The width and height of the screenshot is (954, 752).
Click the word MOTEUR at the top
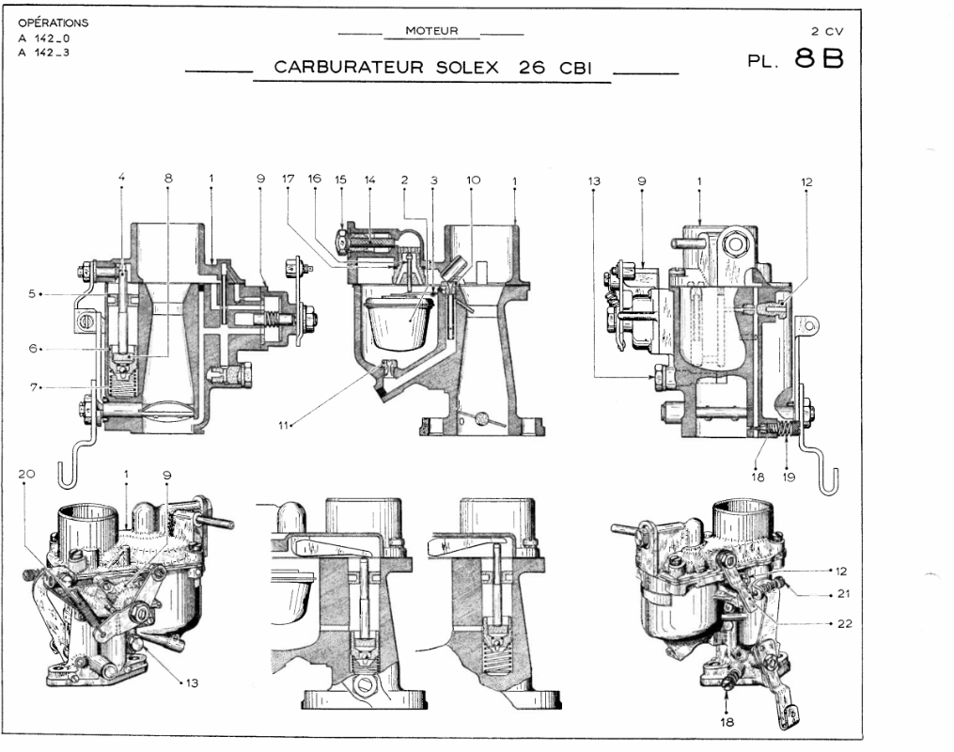[431, 31]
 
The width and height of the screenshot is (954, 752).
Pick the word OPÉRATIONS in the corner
[54, 21]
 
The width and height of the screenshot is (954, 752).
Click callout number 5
[32, 293]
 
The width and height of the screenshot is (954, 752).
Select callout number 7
[32, 386]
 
